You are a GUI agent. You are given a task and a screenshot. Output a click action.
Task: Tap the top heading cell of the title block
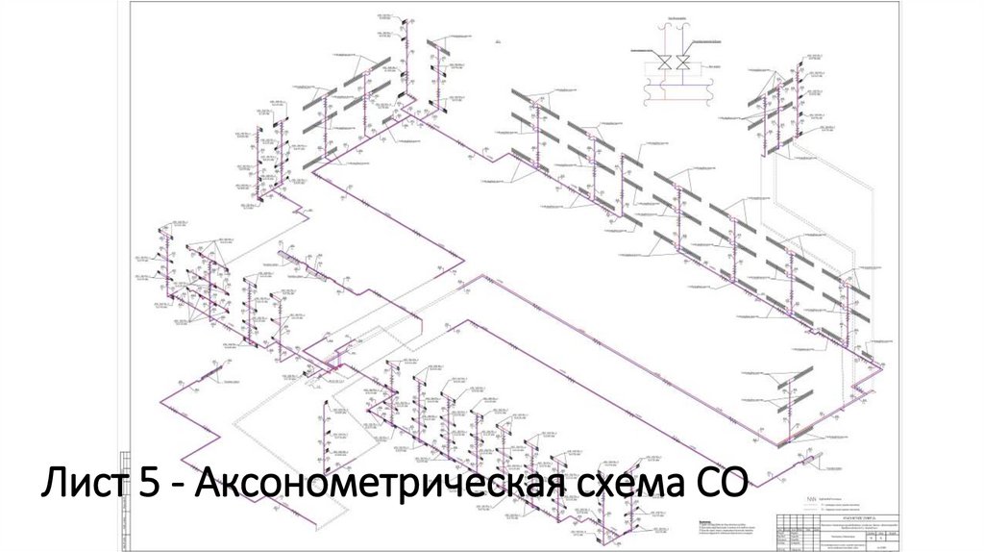pos(854,513)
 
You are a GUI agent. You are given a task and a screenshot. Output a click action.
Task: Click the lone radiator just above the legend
pos(800,464)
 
